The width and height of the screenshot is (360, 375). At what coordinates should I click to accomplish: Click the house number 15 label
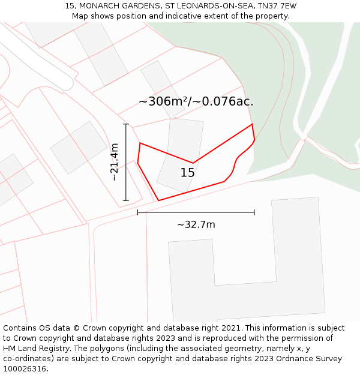click(x=188, y=173)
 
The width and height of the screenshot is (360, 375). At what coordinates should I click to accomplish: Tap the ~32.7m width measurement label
click(x=196, y=225)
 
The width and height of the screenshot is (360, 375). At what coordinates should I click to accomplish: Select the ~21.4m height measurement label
click(x=114, y=162)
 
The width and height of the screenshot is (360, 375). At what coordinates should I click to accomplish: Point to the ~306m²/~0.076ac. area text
click(x=196, y=101)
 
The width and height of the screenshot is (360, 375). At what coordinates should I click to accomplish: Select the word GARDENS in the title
click(x=140, y=6)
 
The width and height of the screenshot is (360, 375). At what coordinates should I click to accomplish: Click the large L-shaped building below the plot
click(x=252, y=270)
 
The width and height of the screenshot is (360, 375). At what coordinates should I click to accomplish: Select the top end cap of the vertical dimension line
click(x=126, y=124)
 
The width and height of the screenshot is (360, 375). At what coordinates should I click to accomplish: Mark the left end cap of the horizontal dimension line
click(x=138, y=212)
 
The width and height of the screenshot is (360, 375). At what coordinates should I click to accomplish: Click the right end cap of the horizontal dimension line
click(x=254, y=212)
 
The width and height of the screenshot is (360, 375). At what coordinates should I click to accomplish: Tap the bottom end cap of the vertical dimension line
click(x=126, y=200)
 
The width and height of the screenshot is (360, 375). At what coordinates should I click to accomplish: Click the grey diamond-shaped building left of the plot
click(x=79, y=147)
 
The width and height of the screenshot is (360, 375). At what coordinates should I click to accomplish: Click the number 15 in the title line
click(x=70, y=6)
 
